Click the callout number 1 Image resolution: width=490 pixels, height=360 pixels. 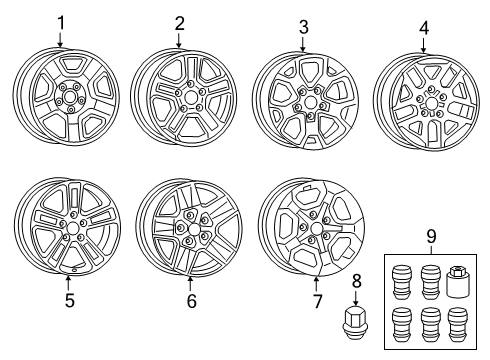point(60,21)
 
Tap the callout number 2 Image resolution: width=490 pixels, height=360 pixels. point(179,22)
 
